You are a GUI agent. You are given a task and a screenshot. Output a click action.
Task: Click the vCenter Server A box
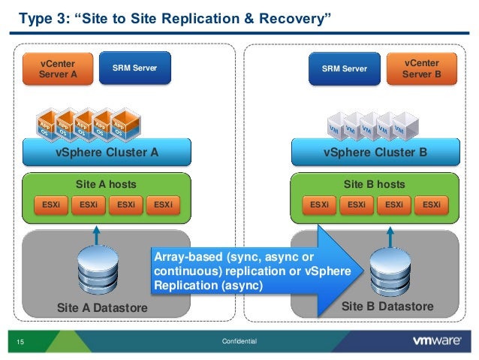[x=57, y=69]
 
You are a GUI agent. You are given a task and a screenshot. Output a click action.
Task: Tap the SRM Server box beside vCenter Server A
[x=134, y=68]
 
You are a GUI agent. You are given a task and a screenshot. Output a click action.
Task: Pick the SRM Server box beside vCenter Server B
[x=345, y=69]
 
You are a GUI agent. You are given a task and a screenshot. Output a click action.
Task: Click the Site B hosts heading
[x=374, y=184]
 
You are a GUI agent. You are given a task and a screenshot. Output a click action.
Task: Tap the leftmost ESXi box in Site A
[x=50, y=203]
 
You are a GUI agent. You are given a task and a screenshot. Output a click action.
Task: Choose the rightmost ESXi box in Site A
[x=163, y=203]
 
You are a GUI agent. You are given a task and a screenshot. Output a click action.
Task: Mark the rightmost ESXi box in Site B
[x=431, y=203]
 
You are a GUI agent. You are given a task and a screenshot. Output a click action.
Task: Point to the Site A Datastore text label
[x=103, y=308]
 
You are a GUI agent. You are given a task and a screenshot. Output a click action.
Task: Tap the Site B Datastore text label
[x=387, y=307]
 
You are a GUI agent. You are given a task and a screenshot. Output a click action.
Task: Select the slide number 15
[x=20, y=343]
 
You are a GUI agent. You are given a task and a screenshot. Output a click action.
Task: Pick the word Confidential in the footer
[x=239, y=342]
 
